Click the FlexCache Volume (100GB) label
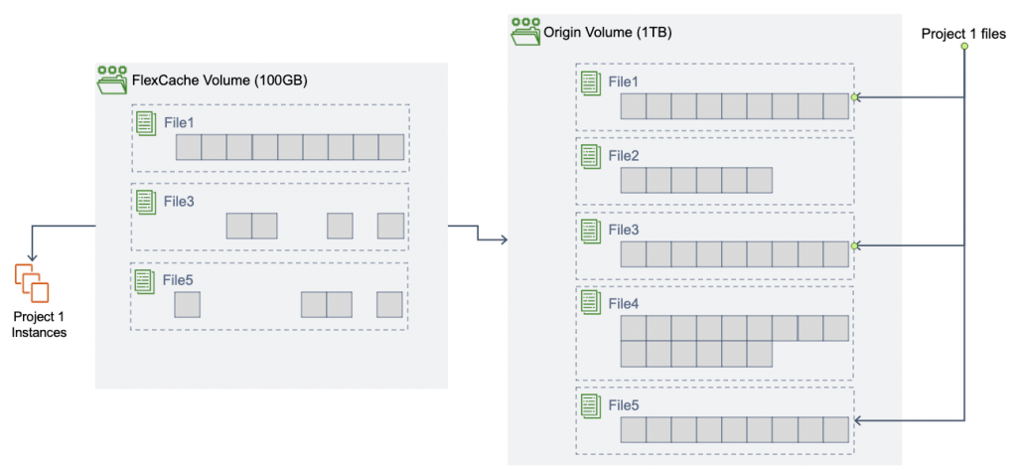pyautogui.click(x=218, y=79)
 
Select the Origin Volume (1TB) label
pyautogui.click(x=607, y=33)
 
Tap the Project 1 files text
pyautogui.click(x=962, y=33)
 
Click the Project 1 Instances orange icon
pyautogui.click(x=32, y=283)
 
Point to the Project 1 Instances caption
pyautogui.click(x=39, y=324)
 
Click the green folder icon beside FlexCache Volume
pyautogui.click(x=112, y=79)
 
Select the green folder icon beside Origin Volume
pyautogui.click(x=524, y=32)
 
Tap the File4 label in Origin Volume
pyautogui.click(x=623, y=302)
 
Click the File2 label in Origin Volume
pyautogui.click(x=623, y=156)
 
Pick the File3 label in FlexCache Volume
pyautogui.click(x=179, y=200)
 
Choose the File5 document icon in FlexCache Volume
pyautogui.click(x=145, y=280)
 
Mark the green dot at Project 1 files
pyautogui.click(x=963, y=47)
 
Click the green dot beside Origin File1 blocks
pyautogui.click(x=854, y=97)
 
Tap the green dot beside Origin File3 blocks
pyautogui.click(x=854, y=244)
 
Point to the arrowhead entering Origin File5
pyautogui.click(x=856, y=421)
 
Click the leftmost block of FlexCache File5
pyautogui.click(x=188, y=304)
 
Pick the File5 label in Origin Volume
pyautogui.click(x=623, y=405)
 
